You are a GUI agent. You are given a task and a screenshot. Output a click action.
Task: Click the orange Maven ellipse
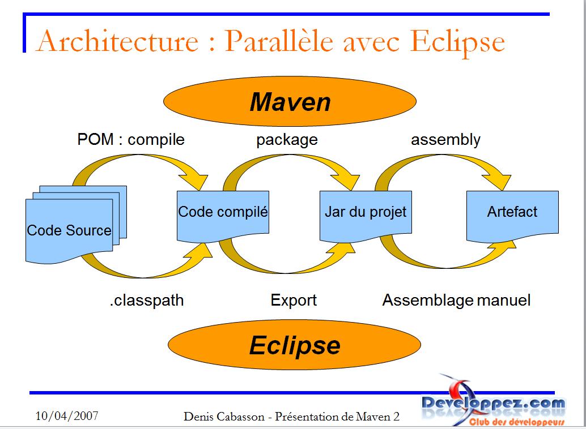coord(290,101)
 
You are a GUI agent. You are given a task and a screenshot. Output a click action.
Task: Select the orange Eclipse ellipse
coord(295,345)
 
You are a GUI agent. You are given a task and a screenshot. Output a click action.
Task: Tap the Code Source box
coord(69,230)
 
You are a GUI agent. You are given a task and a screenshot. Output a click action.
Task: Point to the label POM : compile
coord(131,140)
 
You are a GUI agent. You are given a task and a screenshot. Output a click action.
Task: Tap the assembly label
coord(445,140)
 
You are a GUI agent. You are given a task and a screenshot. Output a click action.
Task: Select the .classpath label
coord(146,301)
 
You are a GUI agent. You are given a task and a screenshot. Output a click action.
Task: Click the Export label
coord(294,300)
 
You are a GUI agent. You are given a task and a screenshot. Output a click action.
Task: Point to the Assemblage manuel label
coord(456,300)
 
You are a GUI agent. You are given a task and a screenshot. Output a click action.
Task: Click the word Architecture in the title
coord(117,41)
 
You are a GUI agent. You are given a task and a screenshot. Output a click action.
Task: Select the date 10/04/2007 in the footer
coord(67,415)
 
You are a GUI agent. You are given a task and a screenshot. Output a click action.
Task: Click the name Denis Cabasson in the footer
coord(224,417)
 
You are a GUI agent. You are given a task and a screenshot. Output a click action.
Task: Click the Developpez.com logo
coord(493,406)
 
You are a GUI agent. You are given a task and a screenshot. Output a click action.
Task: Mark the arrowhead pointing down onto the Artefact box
coord(497,181)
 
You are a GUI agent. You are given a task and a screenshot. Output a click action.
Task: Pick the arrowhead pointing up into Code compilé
coord(199,254)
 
